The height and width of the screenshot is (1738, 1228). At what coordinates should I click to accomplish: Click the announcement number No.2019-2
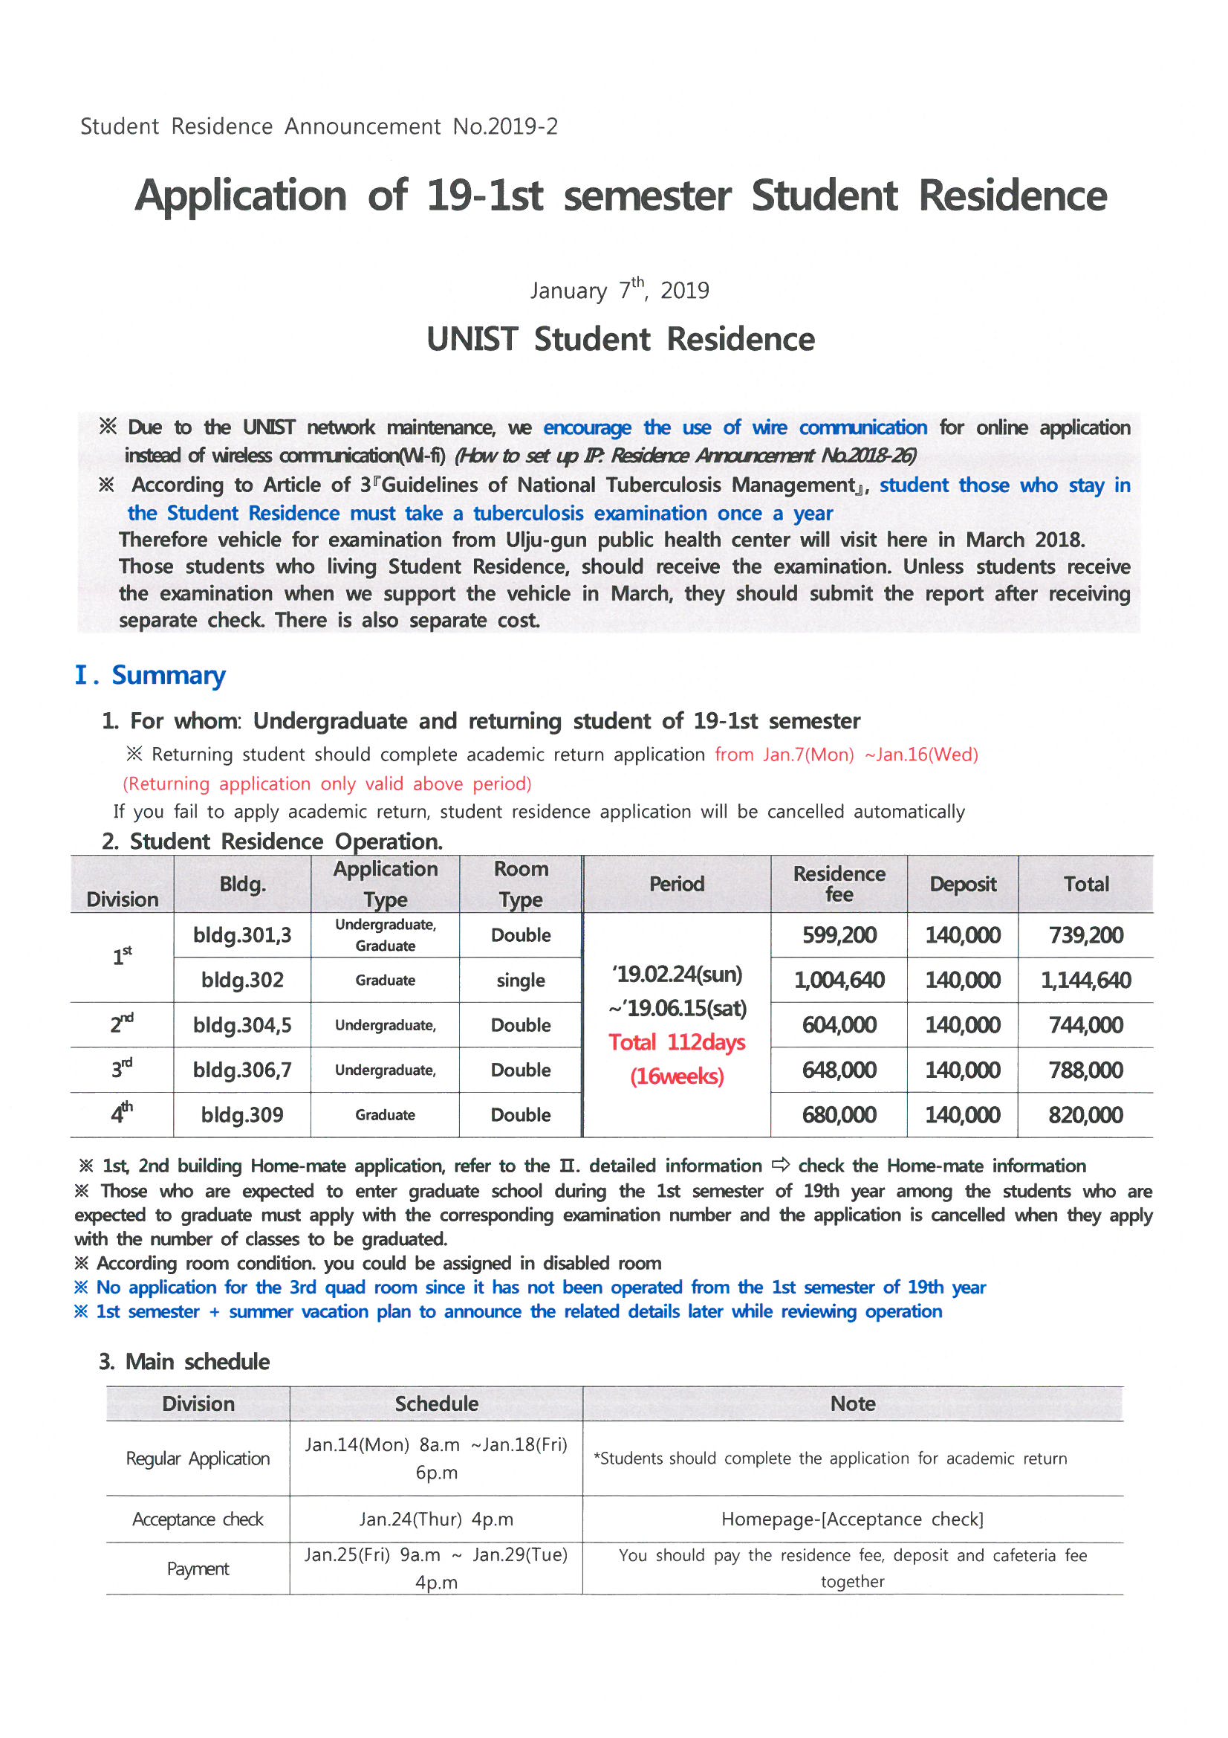504,126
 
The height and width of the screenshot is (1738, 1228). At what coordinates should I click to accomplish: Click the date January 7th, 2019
620,290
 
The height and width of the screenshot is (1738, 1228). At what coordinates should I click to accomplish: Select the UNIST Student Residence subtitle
620,339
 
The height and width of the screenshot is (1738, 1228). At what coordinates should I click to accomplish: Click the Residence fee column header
838,883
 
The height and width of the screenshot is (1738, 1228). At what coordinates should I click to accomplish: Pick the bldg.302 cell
242,981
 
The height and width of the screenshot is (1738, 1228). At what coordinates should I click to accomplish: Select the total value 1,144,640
1085,981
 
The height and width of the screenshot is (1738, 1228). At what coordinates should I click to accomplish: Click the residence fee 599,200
838,935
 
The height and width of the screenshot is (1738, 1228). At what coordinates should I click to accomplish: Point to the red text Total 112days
677,1042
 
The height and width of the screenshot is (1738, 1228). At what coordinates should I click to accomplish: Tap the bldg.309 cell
242,1115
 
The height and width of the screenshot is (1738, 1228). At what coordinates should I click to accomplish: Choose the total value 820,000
1085,1115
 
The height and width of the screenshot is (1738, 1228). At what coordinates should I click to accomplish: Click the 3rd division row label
122,1069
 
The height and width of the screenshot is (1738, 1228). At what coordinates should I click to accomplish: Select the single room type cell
521,981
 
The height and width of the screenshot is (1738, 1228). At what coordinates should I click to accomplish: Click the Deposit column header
963,883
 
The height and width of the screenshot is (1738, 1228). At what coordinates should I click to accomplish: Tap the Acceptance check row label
198,1519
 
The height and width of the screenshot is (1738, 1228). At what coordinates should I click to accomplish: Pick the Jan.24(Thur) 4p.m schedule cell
436,1519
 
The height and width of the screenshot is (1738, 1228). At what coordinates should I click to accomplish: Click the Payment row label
198,1569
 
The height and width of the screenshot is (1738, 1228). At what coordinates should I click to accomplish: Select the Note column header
853,1404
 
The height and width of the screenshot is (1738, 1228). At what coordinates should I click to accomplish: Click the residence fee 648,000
838,1070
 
